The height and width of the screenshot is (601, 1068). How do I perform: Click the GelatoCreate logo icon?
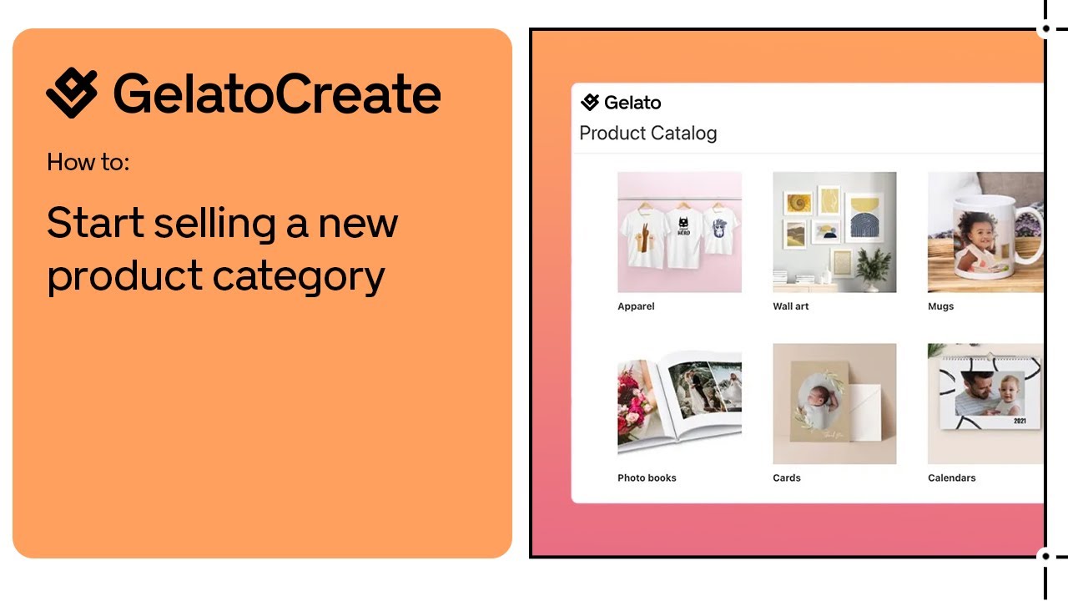pyautogui.click(x=72, y=93)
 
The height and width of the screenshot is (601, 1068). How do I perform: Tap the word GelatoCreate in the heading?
pyautogui.click(x=277, y=93)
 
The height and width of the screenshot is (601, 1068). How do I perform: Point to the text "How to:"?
pyautogui.click(x=88, y=162)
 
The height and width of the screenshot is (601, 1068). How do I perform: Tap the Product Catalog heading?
pyautogui.click(x=648, y=134)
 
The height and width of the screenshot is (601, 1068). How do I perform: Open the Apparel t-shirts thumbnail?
pyautogui.click(x=679, y=232)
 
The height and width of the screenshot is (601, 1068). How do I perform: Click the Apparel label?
pyautogui.click(x=636, y=306)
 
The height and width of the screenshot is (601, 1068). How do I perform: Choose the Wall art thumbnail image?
pyautogui.click(x=834, y=232)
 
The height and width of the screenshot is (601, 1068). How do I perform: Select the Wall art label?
pyautogui.click(x=791, y=306)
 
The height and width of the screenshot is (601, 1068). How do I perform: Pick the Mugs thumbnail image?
pyautogui.click(x=985, y=232)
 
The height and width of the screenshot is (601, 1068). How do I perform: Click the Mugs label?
pyautogui.click(x=940, y=306)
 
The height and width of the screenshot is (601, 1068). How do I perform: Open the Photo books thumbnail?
pyautogui.click(x=679, y=404)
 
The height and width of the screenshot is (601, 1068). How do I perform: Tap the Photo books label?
pyautogui.click(x=647, y=478)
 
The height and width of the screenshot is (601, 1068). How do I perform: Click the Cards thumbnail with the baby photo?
pyautogui.click(x=834, y=404)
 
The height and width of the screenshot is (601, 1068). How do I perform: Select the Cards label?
pyautogui.click(x=787, y=478)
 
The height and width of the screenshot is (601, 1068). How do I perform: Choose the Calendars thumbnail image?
pyautogui.click(x=985, y=404)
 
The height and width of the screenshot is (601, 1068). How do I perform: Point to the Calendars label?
pyautogui.click(x=951, y=478)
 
